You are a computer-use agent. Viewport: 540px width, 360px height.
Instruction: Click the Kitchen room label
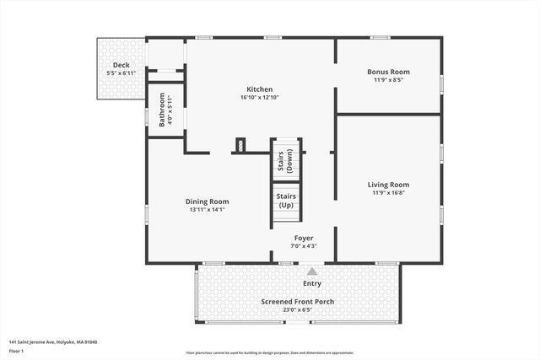click(x=259, y=89)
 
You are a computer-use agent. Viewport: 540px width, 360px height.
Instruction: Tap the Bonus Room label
click(x=388, y=73)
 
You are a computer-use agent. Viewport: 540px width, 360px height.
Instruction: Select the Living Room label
click(x=388, y=185)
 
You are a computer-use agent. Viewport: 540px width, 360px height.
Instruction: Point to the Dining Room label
click(x=207, y=201)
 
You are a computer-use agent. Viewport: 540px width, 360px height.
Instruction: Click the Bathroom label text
click(x=163, y=110)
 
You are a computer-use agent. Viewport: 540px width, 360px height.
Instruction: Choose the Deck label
click(x=121, y=66)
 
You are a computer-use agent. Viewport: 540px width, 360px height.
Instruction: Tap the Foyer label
click(x=304, y=238)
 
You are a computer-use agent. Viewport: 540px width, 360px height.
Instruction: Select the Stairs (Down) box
click(x=285, y=159)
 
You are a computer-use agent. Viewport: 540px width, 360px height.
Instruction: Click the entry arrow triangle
click(x=312, y=271)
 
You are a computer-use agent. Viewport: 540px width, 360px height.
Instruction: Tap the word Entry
click(x=312, y=283)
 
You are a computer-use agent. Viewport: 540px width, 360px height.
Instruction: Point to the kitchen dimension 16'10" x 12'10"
click(x=259, y=98)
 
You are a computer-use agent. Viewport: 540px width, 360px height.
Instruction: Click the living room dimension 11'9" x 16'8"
click(x=388, y=193)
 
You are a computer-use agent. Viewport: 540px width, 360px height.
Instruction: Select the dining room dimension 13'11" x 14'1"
click(x=207, y=210)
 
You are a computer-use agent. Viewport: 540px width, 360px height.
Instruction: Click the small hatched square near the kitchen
click(x=240, y=145)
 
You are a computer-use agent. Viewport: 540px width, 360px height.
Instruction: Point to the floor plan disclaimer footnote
click(x=270, y=352)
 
